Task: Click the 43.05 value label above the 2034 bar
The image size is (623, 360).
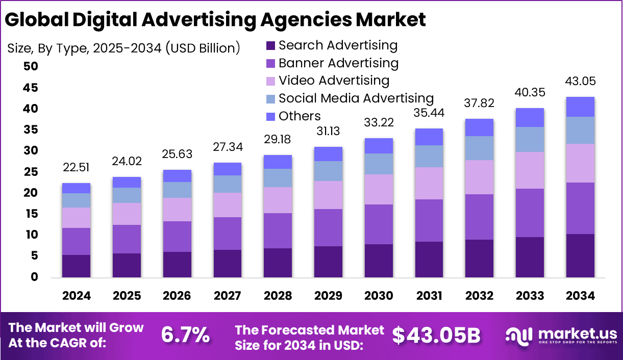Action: (580, 82)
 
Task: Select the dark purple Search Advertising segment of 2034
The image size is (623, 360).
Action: (580, 255)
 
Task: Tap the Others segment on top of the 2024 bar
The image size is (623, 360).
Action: (76, 188)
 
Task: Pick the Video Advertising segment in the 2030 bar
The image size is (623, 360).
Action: (379, 189)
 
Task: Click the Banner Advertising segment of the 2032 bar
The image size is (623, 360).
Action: (479, 217)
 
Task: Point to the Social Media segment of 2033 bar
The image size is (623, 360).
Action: (530, 139)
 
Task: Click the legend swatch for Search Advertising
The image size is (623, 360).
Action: (270, 46)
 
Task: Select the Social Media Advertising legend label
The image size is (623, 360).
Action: (356, 98)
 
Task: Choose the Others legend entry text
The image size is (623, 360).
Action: (300, 116)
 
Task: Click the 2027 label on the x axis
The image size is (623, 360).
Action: (228, 296)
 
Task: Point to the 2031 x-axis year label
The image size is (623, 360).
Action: (429, 296)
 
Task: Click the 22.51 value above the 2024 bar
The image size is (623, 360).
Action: (76, 168)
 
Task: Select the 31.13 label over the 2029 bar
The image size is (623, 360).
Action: (328, 131)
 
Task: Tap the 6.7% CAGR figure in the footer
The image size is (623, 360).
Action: (185, 335)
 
